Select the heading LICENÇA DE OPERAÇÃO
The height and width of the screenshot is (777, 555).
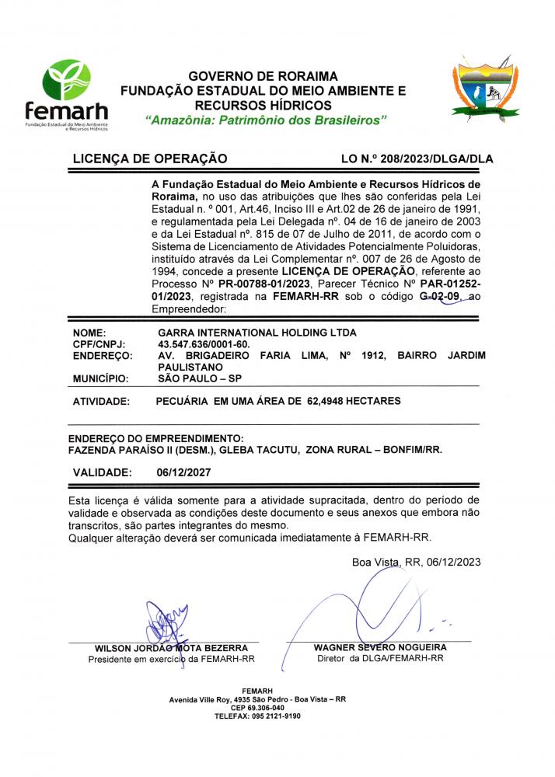149,159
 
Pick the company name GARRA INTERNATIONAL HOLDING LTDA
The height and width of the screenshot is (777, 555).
257,332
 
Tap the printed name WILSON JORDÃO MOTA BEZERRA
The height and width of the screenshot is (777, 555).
171,648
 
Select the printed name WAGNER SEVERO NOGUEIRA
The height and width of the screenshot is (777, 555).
380,647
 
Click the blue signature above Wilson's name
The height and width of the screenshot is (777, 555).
166,623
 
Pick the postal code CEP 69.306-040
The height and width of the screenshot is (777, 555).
257,708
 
